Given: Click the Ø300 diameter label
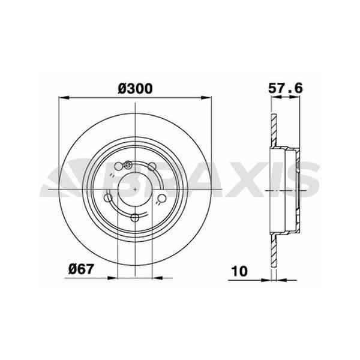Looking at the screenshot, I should pos(136,88).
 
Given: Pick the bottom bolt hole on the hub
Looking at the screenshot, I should pos(136,217).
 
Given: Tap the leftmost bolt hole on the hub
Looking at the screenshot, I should pos(109,198).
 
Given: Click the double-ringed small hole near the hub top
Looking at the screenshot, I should pos(128,164).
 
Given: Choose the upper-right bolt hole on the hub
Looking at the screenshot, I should pos(154,169).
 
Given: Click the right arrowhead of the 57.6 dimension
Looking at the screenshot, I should pos(298,100).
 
